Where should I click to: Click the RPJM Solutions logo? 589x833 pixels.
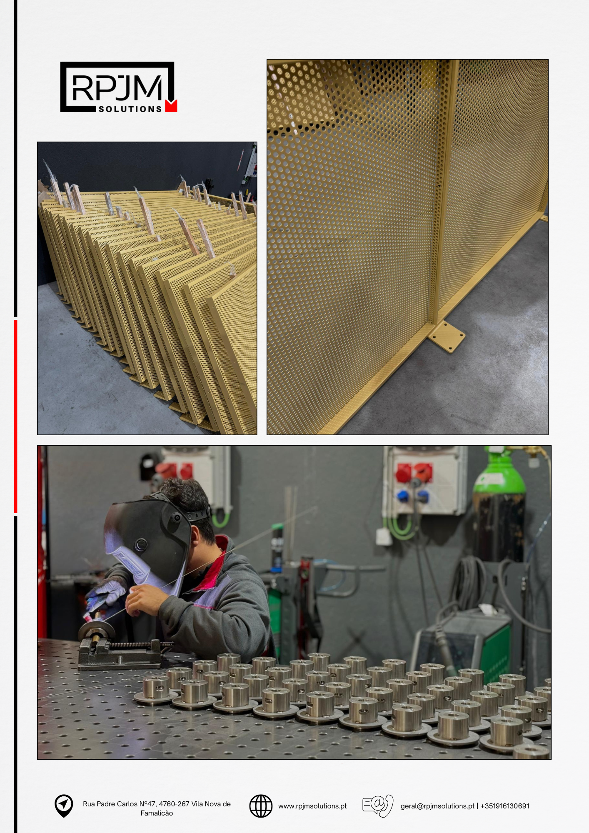tap(119, 87)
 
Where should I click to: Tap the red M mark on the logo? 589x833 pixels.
tap(171, 106)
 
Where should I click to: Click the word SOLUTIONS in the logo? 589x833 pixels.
tap(130, 109)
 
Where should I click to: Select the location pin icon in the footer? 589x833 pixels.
tap(64, 806)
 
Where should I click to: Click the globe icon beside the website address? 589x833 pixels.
tap(261, 806)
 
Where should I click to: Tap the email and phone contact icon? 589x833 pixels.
tap(378, 806)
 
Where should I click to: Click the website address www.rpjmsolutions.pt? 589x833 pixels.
tap(312, 806)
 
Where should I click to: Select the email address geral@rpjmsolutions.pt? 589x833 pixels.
tap(437, 806)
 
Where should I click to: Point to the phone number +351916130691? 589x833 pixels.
tap(505, 806)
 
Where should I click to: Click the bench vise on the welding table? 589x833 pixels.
tap(121, 652)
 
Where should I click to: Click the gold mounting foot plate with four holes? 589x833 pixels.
tap(447, 337)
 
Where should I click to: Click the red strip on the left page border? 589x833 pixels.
tap(16, 416)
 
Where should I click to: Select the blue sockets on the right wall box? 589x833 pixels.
tap(412, 496)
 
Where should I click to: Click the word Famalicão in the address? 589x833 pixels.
tap(157, 813)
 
